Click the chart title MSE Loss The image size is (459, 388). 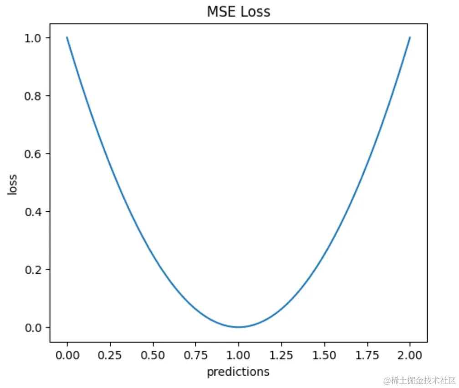pyautogui.click(x=238, y=12)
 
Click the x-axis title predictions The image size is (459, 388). pyautogui.click(x=238, y=372)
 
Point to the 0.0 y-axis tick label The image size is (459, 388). pyautogui.click(x=34, y=327)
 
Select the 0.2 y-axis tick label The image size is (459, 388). pyautogui.click(x=34, y=270)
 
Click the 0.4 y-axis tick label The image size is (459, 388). pyautogui.click(x=34, y=212)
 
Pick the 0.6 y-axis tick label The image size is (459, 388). pyautogui.click(x=34, y=154)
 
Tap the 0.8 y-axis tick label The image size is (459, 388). pyautogui.click(x=34, y=96)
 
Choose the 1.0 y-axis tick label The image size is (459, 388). pyautogui.click(x=34, y=38)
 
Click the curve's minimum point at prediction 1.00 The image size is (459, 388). pyautogui.click(x=239, y=327)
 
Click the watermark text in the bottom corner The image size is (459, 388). pyautogui.click(x=419, y=380)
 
